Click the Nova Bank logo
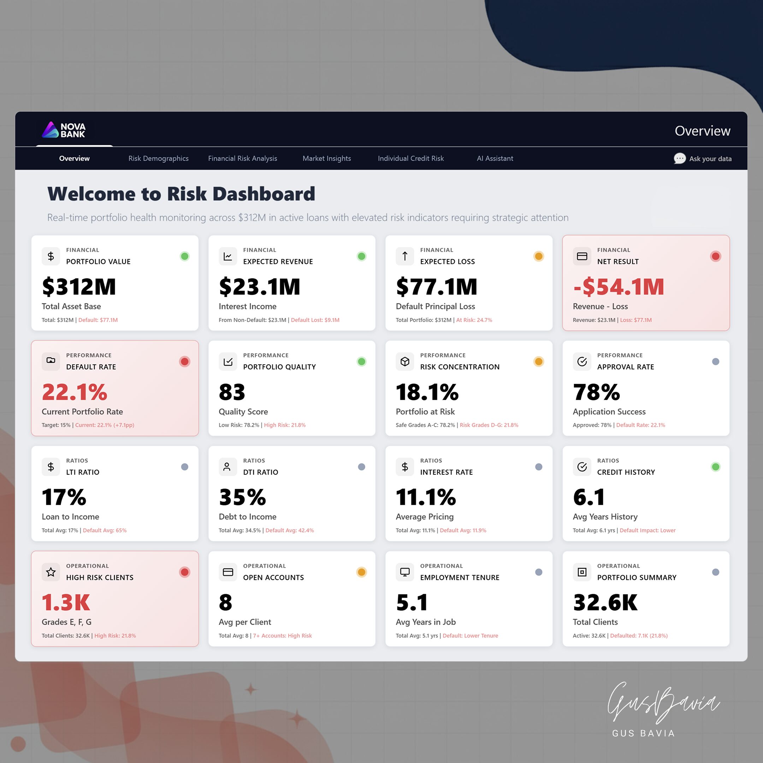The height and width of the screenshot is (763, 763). (x=64, y=130)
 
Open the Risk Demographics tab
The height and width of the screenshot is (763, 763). (x=158, y=158)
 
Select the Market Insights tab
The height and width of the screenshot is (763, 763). (x=327, y=158)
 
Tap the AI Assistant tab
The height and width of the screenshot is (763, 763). (x=495, y=158)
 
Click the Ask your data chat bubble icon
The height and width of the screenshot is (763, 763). (x=679, y=158)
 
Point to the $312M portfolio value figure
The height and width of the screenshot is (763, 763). (x=79, y=286)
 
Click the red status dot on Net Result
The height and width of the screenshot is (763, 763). (x=715, y=256)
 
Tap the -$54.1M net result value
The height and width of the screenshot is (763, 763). (x=619, y=286)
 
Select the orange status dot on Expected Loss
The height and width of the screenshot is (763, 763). (x=538, y=256)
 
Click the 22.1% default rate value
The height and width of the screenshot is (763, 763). (x=75, y=392)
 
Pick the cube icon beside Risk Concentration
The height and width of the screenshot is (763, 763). (x=405, y=361)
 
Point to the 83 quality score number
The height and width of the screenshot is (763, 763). (x=232, y=392)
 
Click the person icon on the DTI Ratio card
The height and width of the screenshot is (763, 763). (x=227, y=467)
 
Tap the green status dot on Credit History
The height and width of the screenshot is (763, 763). (x=715, y=467)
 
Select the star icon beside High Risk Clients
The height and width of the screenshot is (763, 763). (x=51, y=572)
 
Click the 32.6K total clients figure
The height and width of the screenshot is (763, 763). (x=605, y=602)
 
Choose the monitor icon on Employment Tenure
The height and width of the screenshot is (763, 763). (x=405, y=572)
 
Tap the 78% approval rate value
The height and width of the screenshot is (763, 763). (x=596, y=392)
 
